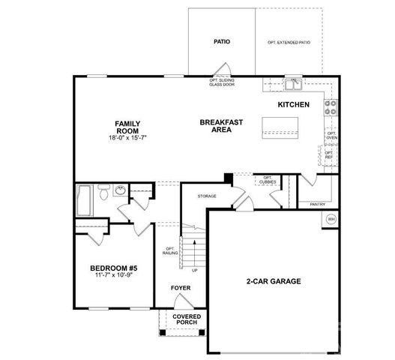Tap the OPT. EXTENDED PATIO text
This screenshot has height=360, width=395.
click(x=289, y=43)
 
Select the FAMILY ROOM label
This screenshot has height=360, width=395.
click(x=127, y=127)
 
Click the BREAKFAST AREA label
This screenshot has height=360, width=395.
click(x=220, y=125)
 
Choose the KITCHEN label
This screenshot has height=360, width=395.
click(x=293, y=105)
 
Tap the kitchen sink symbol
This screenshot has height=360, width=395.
click(x=292, y=82)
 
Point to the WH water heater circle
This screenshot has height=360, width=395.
click(x=331, y=220)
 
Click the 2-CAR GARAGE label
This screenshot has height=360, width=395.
click(x=274, y=282)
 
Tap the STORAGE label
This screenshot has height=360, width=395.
click(x=207, y=196)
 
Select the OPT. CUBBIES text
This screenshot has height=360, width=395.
click(x=267, y=180)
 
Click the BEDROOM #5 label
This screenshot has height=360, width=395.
click(x=113, y=268)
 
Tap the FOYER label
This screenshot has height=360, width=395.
click(x=180, y=286)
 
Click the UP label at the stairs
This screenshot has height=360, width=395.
click(x=195, y=270)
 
